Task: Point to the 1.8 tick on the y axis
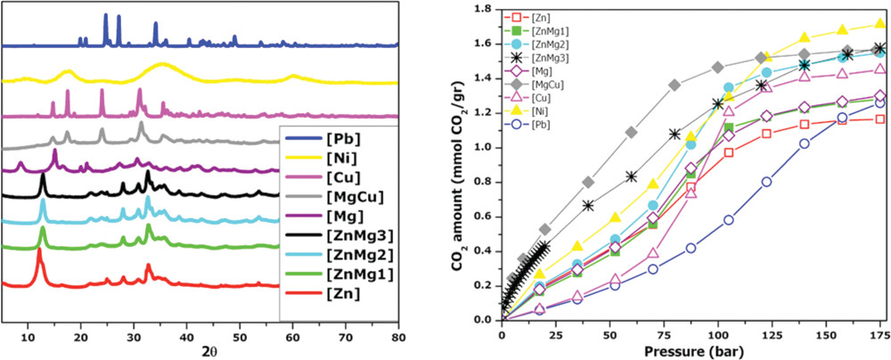[x=484, y=10]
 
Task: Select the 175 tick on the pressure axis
[x=879, y=331]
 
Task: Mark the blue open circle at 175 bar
[x=880, y=103]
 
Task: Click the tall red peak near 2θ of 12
[x=38, y=252]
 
